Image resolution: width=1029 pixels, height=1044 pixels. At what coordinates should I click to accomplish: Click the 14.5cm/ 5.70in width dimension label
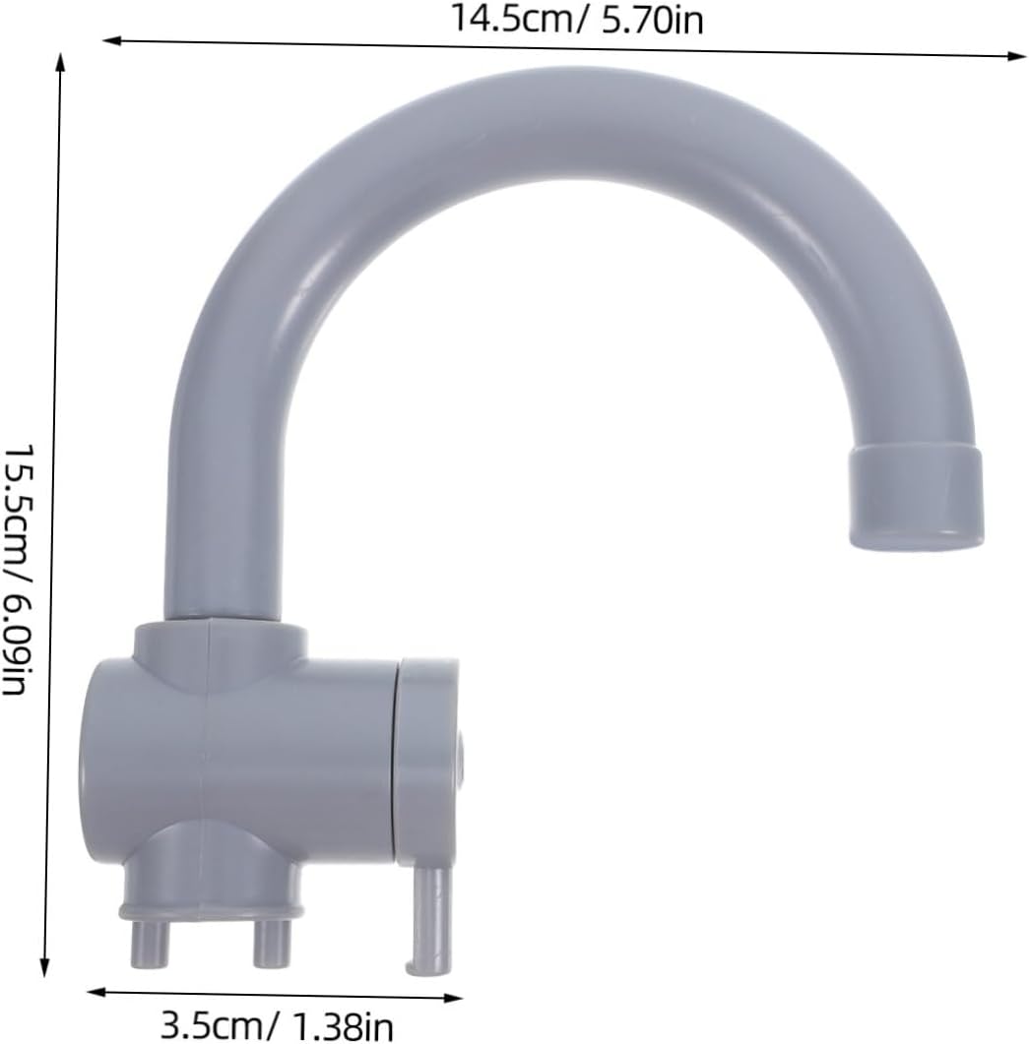coord(577,20)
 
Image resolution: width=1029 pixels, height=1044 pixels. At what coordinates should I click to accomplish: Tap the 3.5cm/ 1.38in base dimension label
coord(278,1026)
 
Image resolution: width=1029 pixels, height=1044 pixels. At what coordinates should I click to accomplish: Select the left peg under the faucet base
coord(150,944)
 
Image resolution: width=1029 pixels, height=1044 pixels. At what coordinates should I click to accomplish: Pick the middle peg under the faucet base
coord(272,944)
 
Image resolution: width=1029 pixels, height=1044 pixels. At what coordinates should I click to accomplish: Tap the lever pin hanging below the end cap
coord(430,921)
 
